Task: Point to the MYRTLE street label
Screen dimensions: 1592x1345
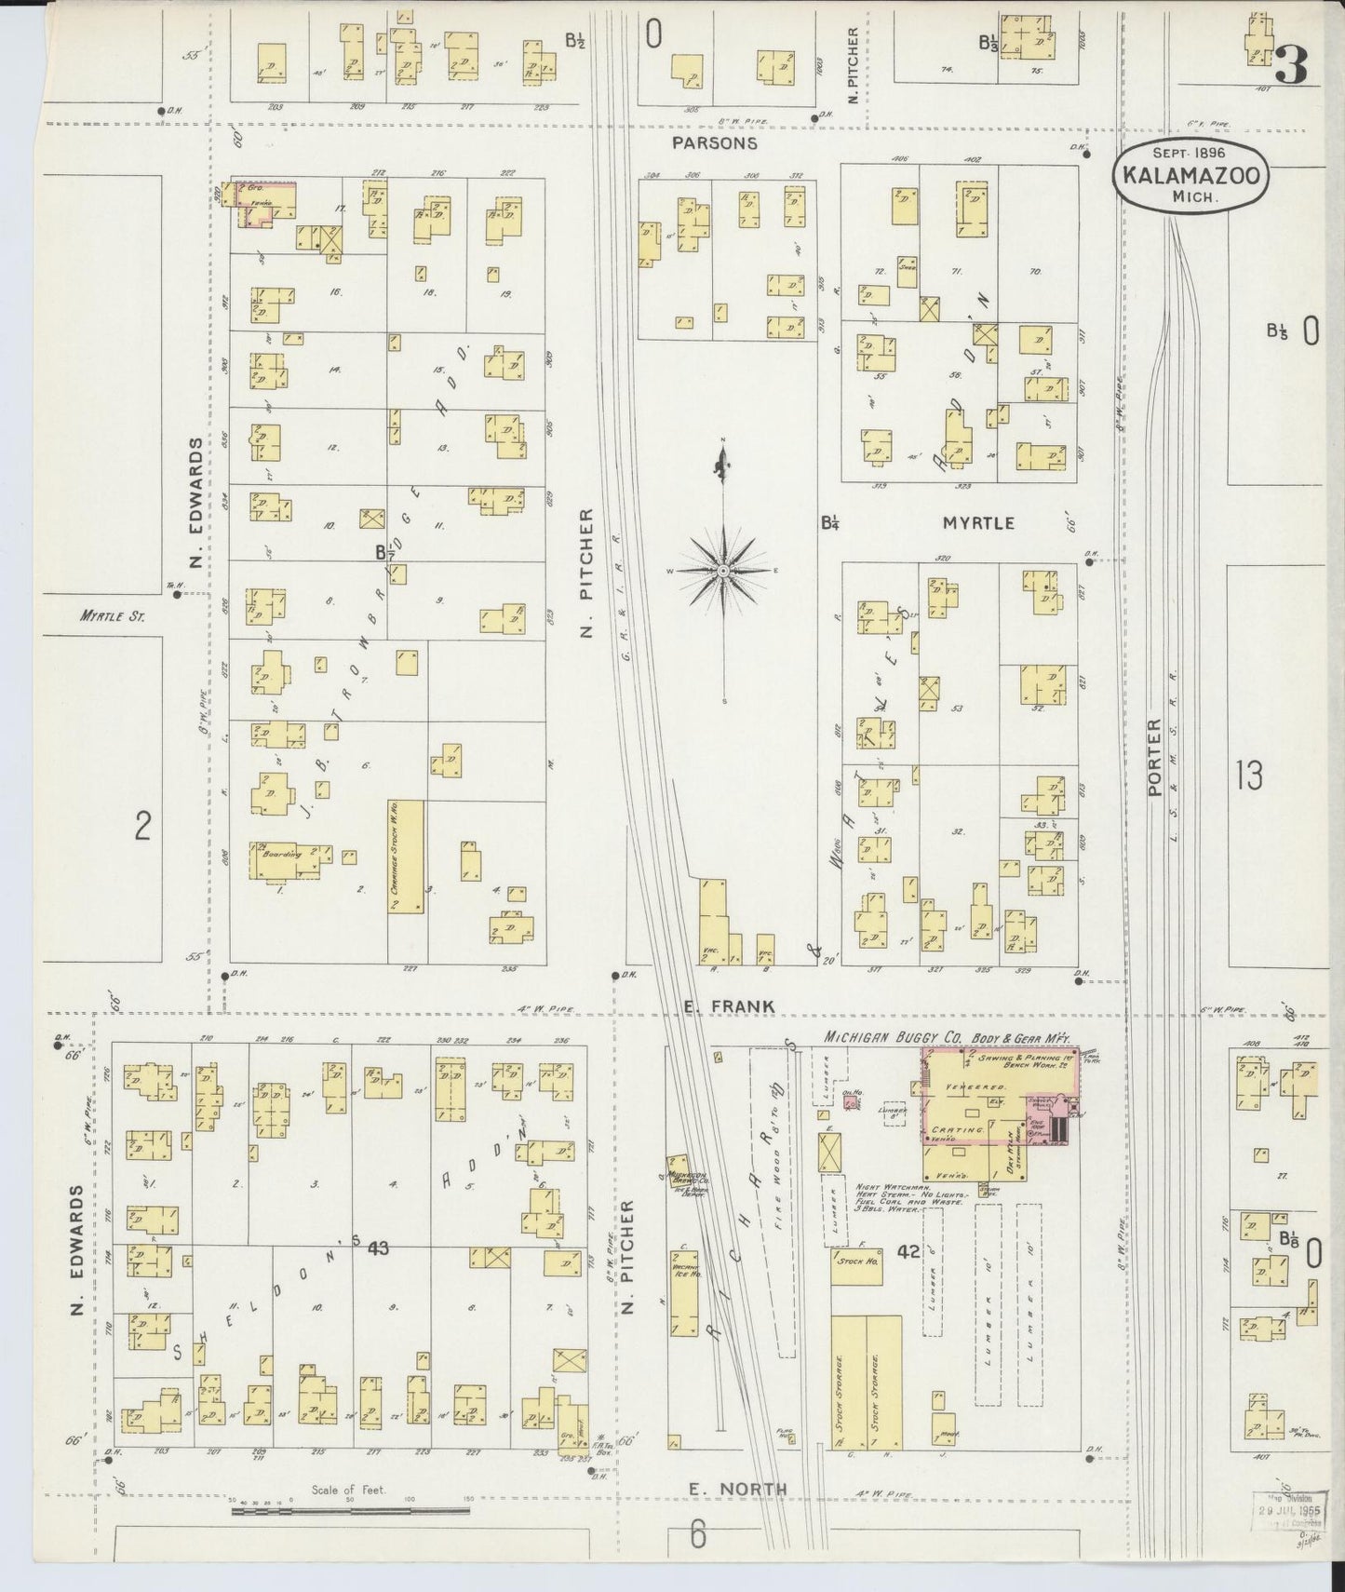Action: coord(978,523)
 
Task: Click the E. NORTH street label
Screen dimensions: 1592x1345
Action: coord(737,1490)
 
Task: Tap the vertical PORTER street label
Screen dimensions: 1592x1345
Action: coord(1154,756)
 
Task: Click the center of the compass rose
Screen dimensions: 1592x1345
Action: coord(723,570)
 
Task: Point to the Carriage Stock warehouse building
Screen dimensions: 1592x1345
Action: coord(406,856)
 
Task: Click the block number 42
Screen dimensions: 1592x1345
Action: coord(908,1253)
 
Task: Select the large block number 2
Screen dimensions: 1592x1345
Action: coord(141,826)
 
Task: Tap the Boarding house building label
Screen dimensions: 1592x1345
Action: coord(281,854)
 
